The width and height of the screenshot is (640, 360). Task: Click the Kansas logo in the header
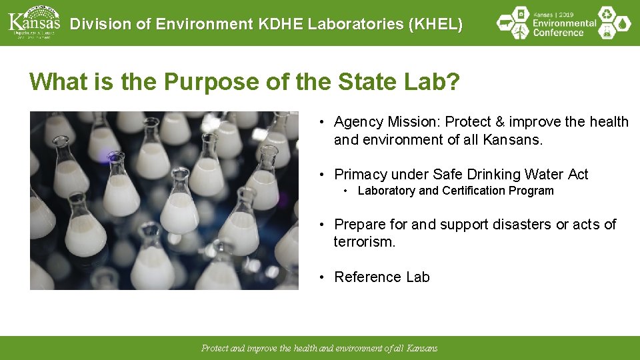[x=33, y=22]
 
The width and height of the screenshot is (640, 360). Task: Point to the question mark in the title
[x=453, y=82]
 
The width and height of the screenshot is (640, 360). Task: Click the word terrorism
[x=364, y=242]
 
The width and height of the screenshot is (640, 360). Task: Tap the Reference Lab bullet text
[x=382, y=277]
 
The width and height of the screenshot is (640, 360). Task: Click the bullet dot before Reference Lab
[x=321, y=277]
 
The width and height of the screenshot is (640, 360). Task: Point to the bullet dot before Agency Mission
[x=321, y=122]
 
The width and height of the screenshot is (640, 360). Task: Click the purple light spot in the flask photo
[x=105, y=157]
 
